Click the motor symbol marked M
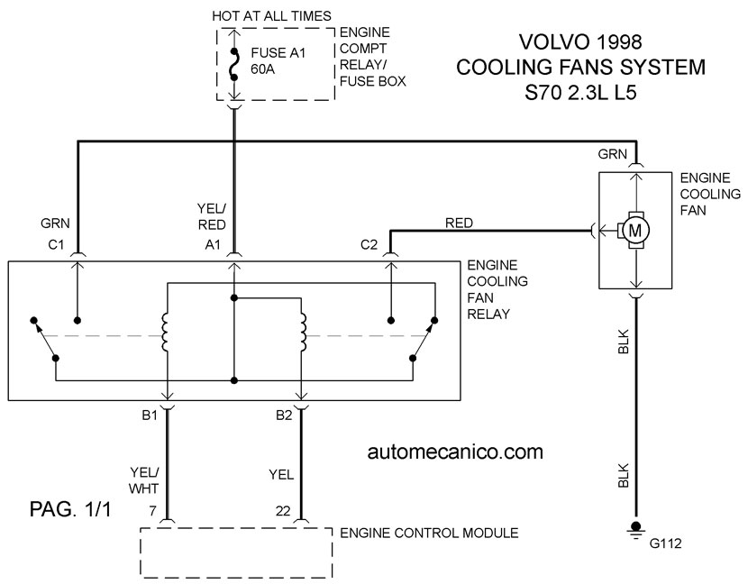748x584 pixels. tap(635, 231)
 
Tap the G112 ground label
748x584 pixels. tap(665, 543)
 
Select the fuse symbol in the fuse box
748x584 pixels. tap(233, 64)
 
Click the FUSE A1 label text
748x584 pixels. tap(278, 52)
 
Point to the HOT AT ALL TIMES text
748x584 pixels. tap(271, 16)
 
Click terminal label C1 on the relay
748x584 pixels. tap(56, 245)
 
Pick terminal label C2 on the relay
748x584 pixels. tap(369, 245)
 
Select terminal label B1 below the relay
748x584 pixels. tap(150, 415)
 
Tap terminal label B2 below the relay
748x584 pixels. tap(284, 415)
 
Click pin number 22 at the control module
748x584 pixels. tap(283, 511)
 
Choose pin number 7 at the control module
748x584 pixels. tap(152, 511)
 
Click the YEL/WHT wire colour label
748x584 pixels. tap(144, 480)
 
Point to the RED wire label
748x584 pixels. tap(459, 223)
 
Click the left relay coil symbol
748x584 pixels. tap(166, 333)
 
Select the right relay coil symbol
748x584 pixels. tap(303, 333)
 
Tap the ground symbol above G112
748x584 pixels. tap(635, 530)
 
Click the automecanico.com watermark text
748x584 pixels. tap(455, 452)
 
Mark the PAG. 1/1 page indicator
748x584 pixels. tap(70, 509)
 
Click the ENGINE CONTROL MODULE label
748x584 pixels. tap(429, 533)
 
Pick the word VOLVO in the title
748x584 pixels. tap(553, 42)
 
